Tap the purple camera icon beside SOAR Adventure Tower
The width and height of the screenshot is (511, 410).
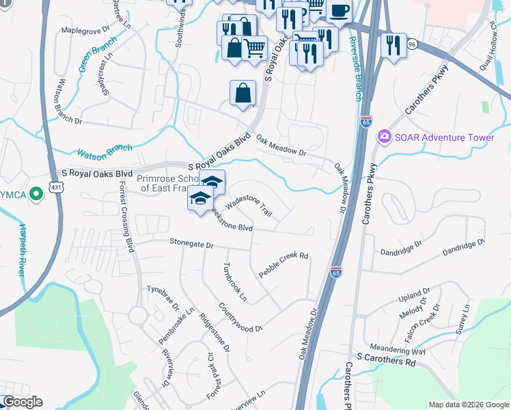384,137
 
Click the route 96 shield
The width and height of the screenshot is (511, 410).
411,43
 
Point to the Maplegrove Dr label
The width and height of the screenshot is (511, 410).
85,30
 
